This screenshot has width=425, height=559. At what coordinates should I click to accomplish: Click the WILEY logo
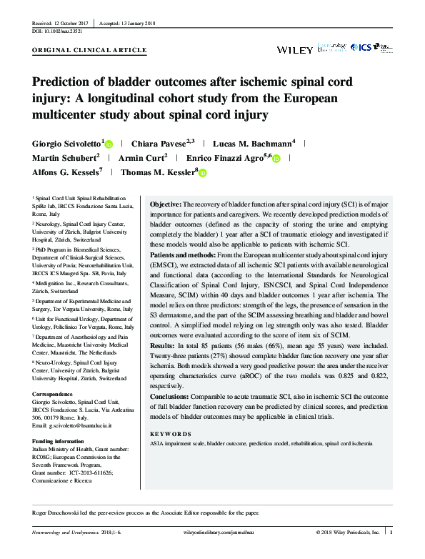294,49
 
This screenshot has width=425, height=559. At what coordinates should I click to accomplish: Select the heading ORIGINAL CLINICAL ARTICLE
90,51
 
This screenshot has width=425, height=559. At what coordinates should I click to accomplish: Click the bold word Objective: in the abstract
165,204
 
